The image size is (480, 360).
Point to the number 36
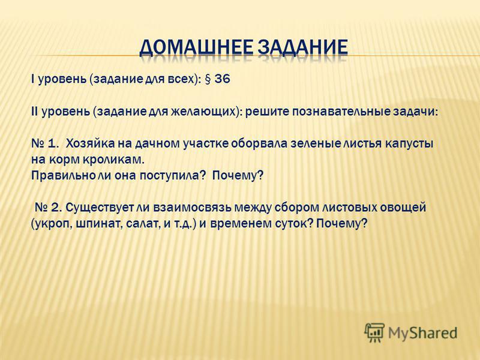pyautogui.click(x=222, y=79)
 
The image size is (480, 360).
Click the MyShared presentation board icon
pyautogui.click(x=374, y=332)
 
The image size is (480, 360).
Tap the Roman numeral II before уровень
pyautogui.click(x=34, y=112)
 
